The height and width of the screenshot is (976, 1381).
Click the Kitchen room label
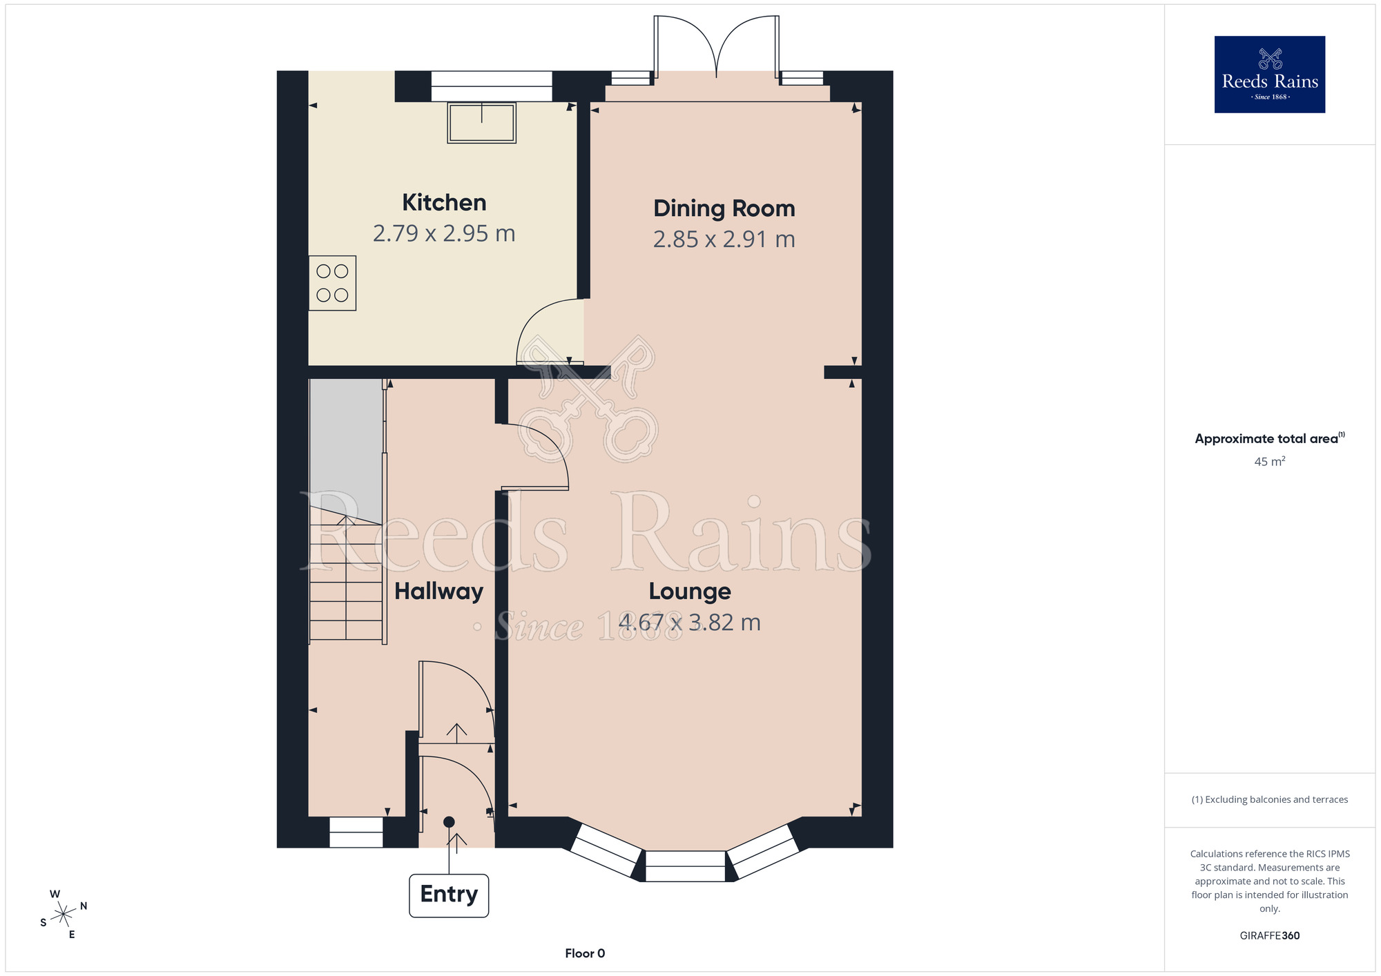click(444, 202)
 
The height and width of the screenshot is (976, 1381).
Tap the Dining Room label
click(724, 208)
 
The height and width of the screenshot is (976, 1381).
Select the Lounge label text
click(689, 592)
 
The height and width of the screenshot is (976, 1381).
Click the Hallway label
click(438, 592)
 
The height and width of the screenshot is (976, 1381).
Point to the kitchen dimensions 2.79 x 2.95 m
click(444, 233)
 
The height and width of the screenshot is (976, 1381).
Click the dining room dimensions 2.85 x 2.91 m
click(724, 240)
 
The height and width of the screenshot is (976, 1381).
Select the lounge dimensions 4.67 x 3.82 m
click(689, 623)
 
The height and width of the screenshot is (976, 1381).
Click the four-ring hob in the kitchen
click(332, 283)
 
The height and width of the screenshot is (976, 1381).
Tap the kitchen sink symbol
click(481, 123)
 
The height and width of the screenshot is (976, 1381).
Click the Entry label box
click(449, 895)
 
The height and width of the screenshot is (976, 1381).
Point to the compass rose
click(64, 915)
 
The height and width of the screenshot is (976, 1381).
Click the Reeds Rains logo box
click(1269, 75)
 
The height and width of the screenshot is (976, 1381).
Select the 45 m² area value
click(1269, 462)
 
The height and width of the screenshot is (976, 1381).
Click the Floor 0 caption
click(585, 953)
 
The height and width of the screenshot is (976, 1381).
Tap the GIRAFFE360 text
click(1269, 936)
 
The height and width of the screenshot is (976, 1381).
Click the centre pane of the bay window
click(685, 866)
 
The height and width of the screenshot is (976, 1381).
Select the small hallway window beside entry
click(356, 832)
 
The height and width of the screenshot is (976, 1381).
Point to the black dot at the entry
click(449, 821)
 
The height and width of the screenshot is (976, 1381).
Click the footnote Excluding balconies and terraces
click(1269, 799)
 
